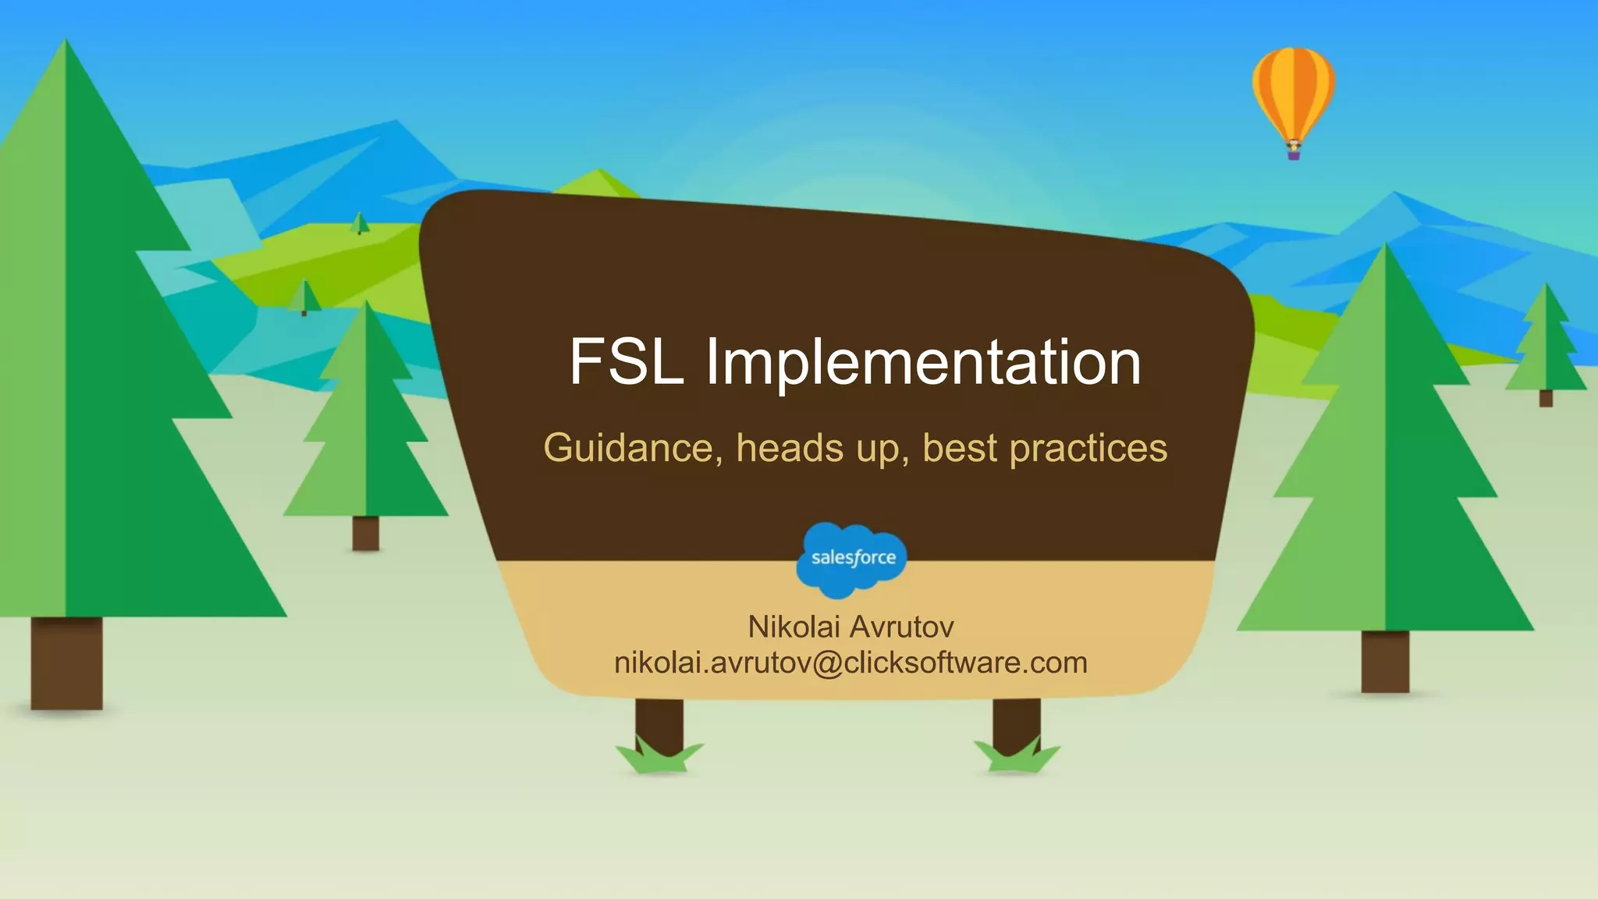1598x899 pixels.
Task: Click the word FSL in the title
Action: (626, 362)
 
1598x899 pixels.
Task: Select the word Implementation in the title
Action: (923, 364)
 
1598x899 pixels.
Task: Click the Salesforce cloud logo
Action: (852, 559)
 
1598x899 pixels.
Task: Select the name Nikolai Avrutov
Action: (850, 627)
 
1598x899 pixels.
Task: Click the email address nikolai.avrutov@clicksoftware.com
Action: (850, 663)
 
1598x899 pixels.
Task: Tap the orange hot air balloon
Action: (1293, 92)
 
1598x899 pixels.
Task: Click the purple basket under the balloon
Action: (1293, 155)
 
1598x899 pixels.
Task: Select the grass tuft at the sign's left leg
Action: (659, 759)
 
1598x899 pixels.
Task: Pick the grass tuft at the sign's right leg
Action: (1017, 759)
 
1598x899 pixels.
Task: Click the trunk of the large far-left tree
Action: (66, 663)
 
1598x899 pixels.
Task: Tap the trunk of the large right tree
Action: (1385, 661)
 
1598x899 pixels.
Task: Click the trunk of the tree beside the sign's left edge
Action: (365, 533)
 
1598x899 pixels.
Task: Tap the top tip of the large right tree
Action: (1386, 248)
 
